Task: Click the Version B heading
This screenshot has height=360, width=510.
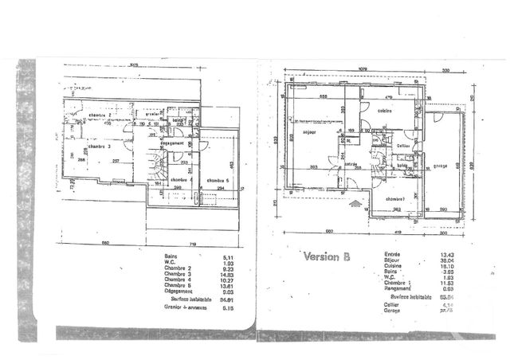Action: coord(327,256)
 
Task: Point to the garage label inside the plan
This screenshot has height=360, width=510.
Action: coord(438,166)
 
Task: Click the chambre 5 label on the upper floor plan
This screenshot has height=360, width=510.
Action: coord(217,181)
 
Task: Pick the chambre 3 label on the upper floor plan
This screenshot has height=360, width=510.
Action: coord(99,147)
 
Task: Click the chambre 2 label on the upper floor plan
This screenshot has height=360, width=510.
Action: coord(100,116)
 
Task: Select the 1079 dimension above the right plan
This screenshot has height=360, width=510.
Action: coord(362,68)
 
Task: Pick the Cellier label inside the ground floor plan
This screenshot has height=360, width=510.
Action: coord(403,145)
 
